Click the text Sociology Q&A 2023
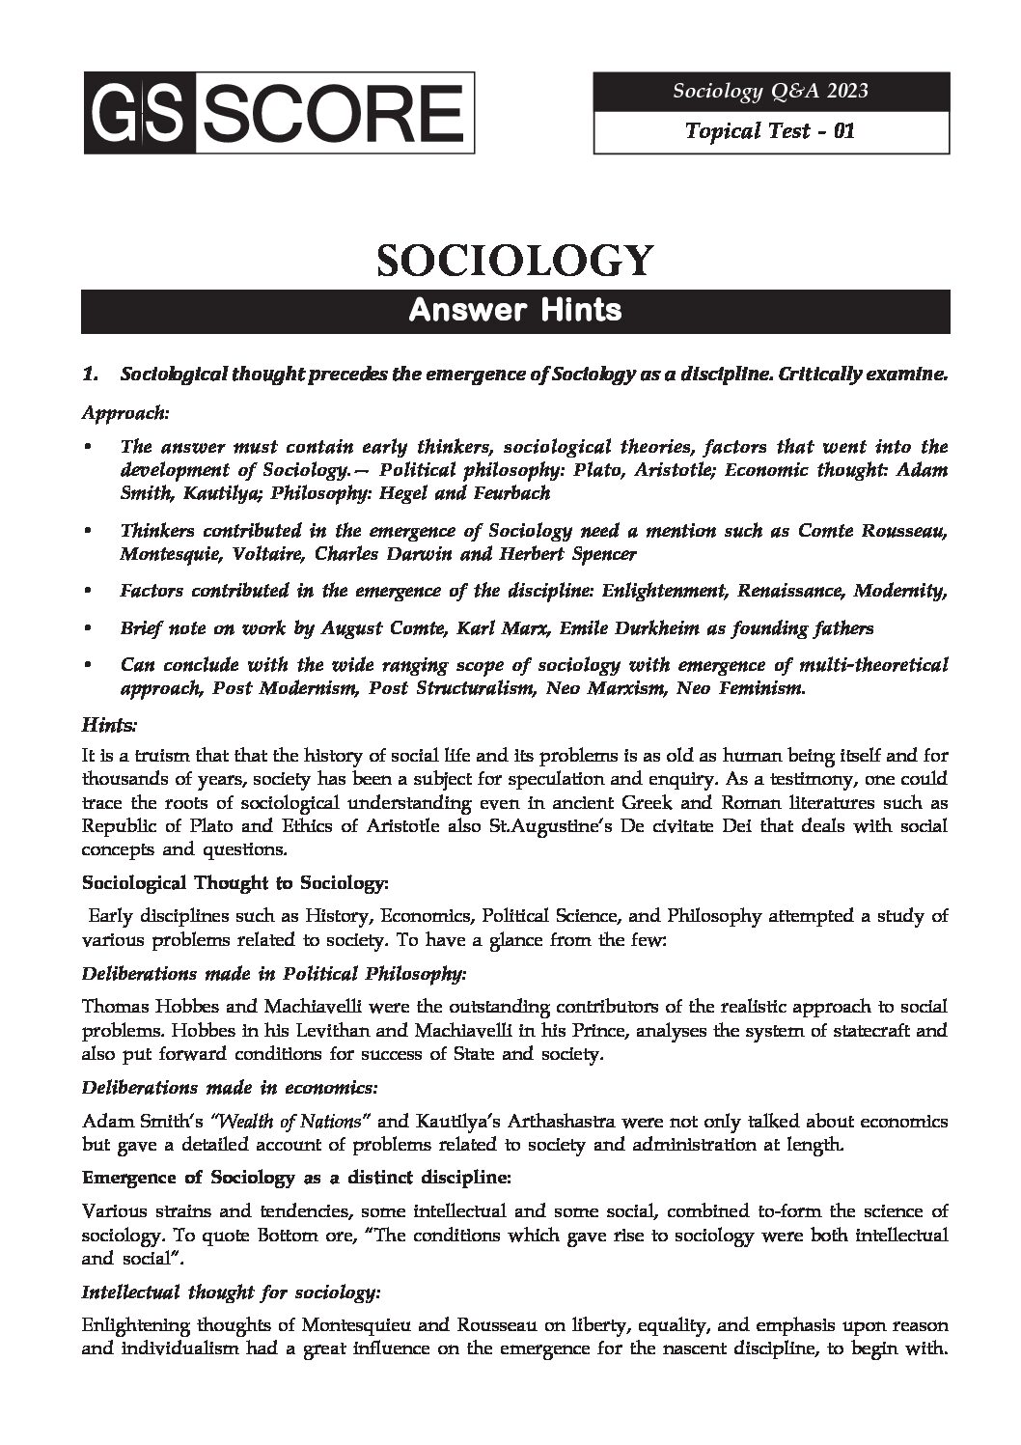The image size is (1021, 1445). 770,91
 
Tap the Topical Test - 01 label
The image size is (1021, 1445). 770,130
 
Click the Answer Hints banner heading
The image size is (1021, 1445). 515,311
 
